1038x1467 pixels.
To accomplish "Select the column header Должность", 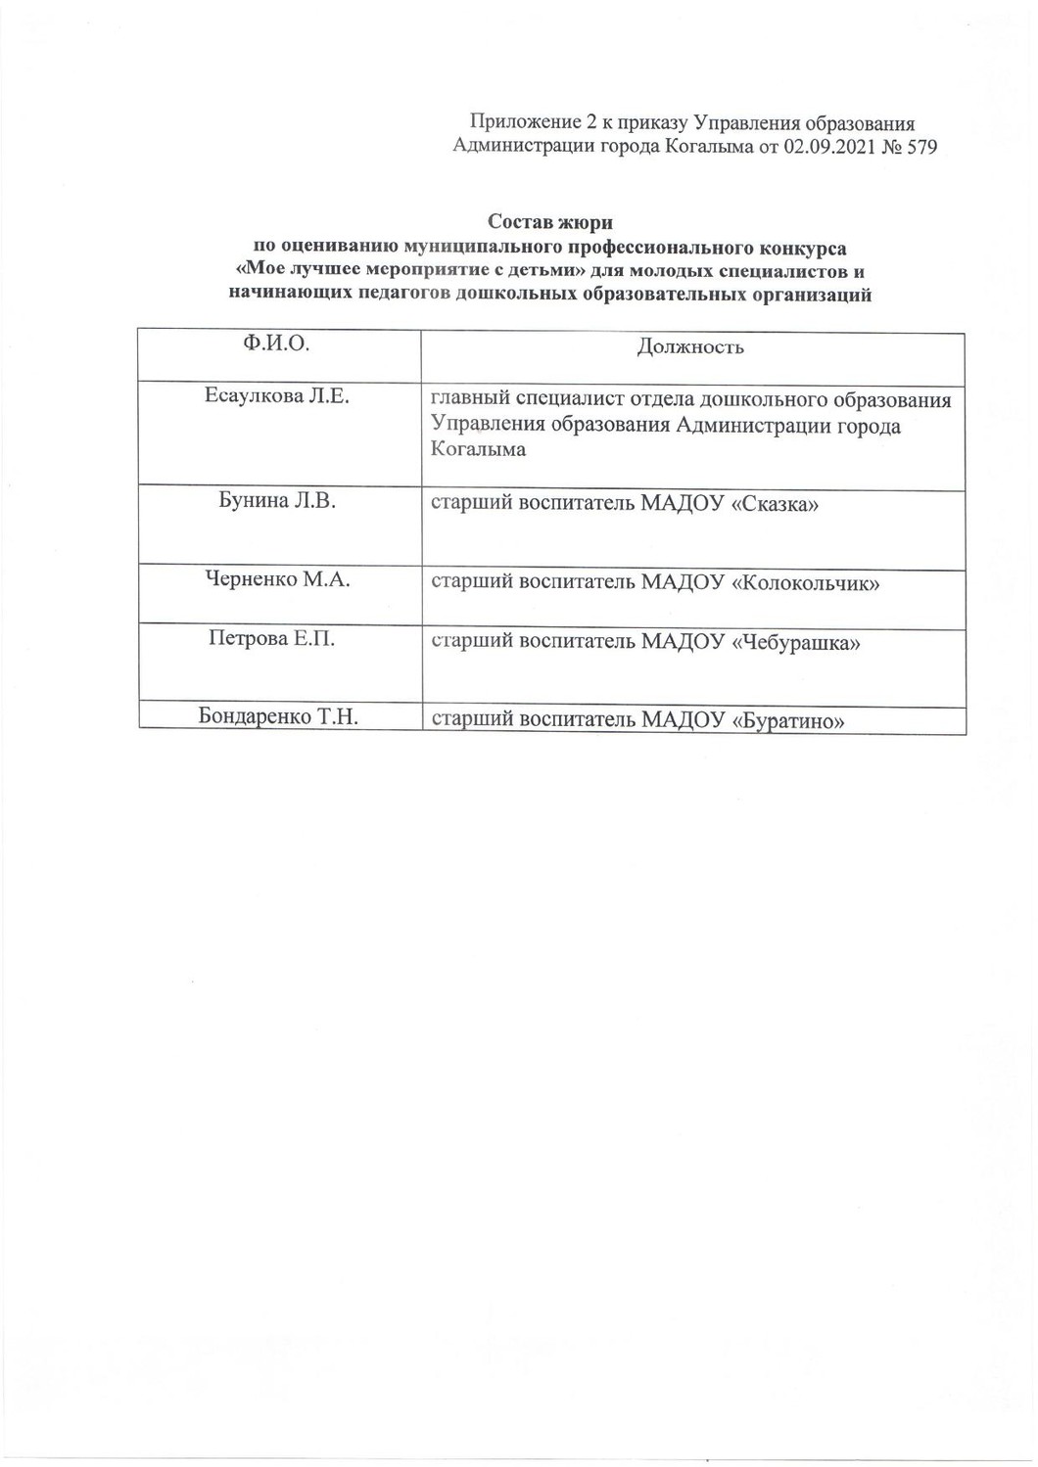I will pos(690,346).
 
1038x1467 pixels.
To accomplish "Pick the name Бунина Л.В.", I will pos(276,502).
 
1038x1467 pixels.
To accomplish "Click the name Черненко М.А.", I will pos(277,579).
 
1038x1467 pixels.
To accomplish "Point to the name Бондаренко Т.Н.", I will pos(277,716).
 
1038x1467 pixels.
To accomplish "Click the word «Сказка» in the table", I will pos(775,505).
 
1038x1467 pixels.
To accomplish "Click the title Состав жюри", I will pos(550,223).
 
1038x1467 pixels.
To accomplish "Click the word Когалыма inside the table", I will pos(479,450).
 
